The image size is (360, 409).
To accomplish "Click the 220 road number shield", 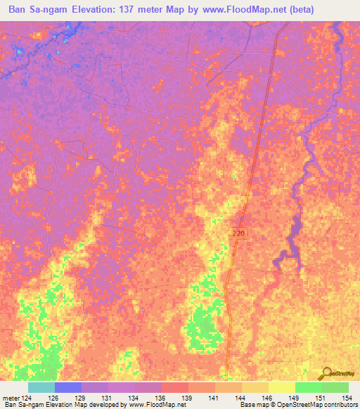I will pyautogui.click(x=239, y=231).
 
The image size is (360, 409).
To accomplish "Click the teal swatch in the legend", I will pyautogui.click(x=41, y=387).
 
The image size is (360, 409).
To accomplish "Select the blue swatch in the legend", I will pyautogui.click(x=68, y=387).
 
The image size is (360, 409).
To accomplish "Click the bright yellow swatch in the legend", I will pyautogui.click(x=281, y=387).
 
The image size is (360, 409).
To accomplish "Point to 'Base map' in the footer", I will pyautogui.click(x=252, y=405).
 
